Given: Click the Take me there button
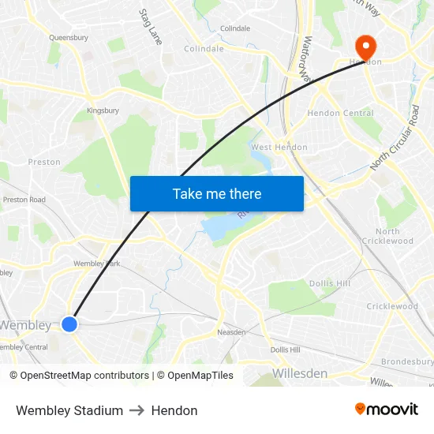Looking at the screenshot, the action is (x=217, y=193).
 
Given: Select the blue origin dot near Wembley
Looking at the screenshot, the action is (x=69, y=324).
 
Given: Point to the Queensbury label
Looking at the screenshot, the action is (x=68, y=37).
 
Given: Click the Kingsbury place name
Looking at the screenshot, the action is (x=103, y=110).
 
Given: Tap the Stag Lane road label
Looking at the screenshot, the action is (x=150, y=26).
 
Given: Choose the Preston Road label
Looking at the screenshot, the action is (x=24, y=200).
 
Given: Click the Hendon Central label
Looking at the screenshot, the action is (x=340, y=113).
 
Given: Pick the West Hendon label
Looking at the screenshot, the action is (x=279, y=148).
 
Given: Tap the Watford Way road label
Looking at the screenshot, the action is (x=308, y=59).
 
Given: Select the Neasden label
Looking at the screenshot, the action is (x=231, y=332).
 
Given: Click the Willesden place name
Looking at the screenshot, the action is (x=299, y=372).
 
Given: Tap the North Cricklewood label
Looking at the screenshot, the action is (x=387, y=236).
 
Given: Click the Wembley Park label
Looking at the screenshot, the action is (x=96, y=264).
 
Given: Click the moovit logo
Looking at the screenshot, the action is (x=387, y=409).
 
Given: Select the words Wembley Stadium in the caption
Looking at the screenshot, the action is (x=69, y=410).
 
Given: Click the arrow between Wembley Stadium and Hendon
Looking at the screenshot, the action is (x=137, y=410).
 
